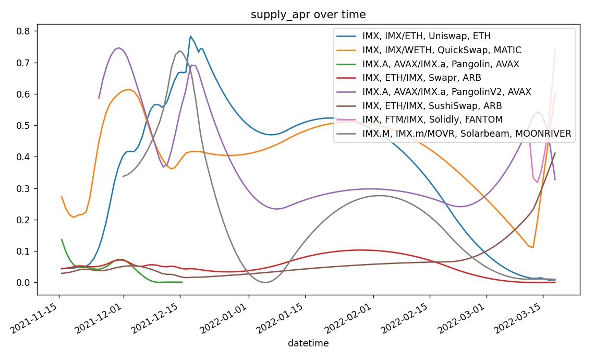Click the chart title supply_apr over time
[x=308, y=15]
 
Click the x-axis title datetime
[x=308, y=343]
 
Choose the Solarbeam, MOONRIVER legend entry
[x=467, y=134]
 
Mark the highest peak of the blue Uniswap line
[x=191, y=36]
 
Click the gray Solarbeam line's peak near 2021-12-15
[x=180, y=51]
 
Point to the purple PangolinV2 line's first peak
[x=119, y=47]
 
